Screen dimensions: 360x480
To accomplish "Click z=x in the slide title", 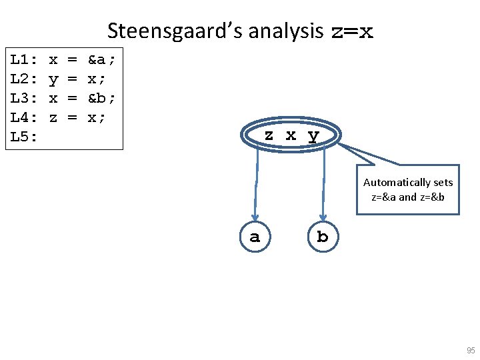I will click(x=352, y=32).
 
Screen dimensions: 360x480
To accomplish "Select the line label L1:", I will click(x=24, y=60).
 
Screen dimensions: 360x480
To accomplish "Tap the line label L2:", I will click(x=24, y=79).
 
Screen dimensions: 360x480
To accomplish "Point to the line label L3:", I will click(x=24, y=99).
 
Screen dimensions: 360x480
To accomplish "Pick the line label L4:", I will click(x=24, y=118).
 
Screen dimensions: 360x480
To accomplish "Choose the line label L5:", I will click(x=24, y=137).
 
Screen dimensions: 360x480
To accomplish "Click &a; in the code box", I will click(x=102, y=60).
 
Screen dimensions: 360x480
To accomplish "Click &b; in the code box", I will click(x=102, y=99).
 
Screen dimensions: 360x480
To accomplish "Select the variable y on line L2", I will click(x=53, y=80).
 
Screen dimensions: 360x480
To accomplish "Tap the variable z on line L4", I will click(x=53, y=118).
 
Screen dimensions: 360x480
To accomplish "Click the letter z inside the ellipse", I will click(x=269, y=135).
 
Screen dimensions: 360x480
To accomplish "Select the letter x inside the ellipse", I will click(x=291, y=135).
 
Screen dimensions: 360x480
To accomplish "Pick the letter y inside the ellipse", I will click(x=313, y=135).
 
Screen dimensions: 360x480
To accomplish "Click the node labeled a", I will click(x=255, y=237).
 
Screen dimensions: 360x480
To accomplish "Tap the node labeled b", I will click(x=323, y=237).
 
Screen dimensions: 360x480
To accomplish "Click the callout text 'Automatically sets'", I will click(x=408, y=182).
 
